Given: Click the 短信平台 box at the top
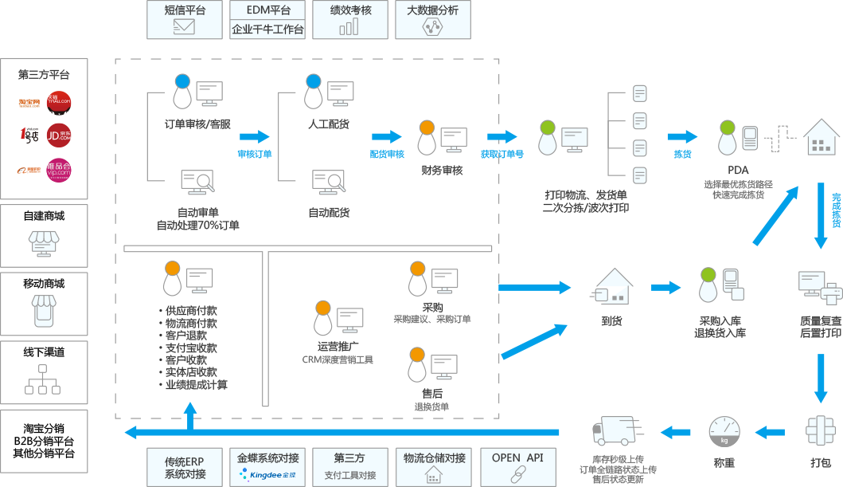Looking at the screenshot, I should coord(185,19).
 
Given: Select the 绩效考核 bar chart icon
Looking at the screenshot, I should coord(349,27).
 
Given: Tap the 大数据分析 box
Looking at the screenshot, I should coord(432,19).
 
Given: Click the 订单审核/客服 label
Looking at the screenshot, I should coord(197,124).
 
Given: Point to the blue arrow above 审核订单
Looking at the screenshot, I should coord(255,136).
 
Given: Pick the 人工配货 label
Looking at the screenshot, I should coord(329,124).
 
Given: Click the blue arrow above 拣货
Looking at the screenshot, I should coord(682,136).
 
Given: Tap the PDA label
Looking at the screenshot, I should coord(738,170).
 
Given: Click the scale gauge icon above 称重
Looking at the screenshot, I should coord(724,431).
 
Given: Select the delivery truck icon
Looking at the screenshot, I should coord(613,431).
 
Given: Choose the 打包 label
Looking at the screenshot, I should coord(820,462).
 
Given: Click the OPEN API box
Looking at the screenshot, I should coord(517,466).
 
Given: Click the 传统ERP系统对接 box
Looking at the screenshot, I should coord(185,466).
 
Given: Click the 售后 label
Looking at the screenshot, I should coord(432,393).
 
